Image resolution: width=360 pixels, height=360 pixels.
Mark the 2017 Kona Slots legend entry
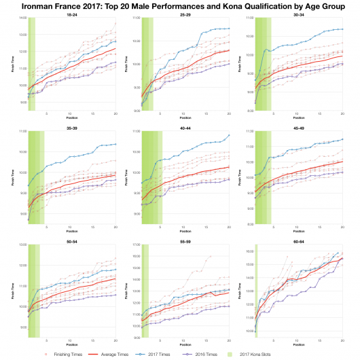coord(293,353)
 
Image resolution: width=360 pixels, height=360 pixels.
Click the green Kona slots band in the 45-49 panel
coord(262,177)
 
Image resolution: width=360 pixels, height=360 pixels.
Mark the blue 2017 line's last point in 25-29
coord(229,29)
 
